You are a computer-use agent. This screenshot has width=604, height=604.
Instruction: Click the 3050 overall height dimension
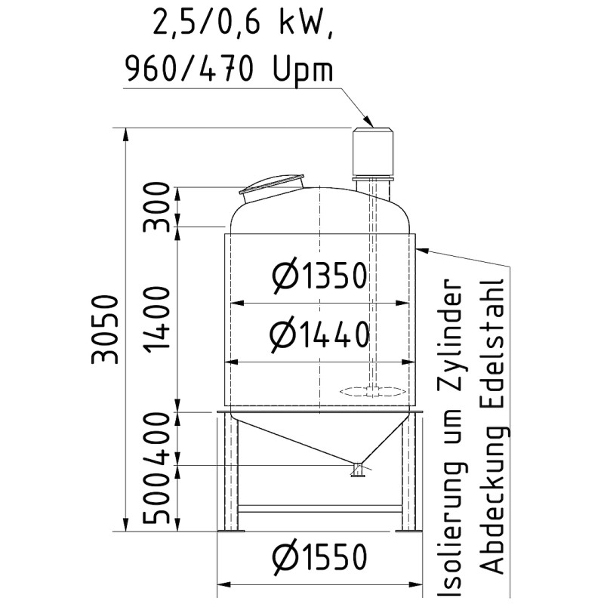click(x=106, y=328)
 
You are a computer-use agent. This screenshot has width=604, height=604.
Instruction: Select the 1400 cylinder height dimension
click(x=157, y=319)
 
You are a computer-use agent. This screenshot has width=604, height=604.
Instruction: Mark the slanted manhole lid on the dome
click(x=272, y=185)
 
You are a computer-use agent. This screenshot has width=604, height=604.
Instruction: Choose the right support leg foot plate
click(x=408, y=531)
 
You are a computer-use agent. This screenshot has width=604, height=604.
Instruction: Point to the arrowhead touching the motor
click(x=368, y=121)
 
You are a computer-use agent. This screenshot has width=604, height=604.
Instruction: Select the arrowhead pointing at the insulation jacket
click(x=421, y=247)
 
